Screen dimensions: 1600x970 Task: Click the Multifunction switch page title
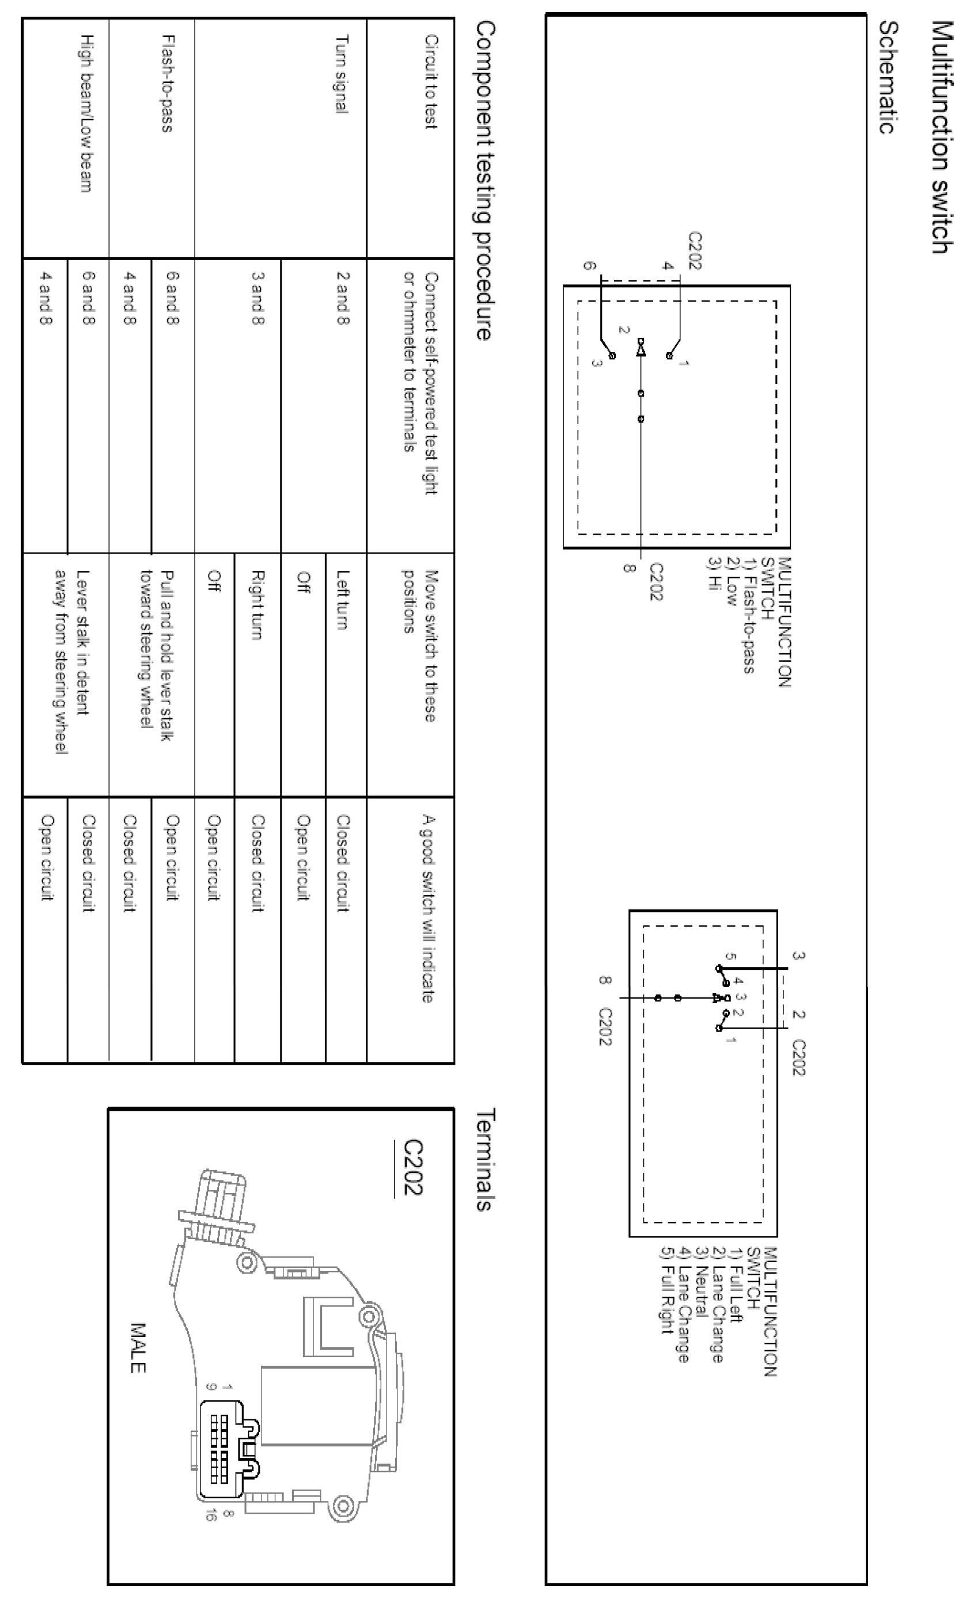click(x=941, y=137)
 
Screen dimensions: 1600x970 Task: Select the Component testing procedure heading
click(x=484, y=181)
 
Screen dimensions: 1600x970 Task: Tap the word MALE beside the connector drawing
click(x=138, y=1348)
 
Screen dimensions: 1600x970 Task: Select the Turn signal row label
click(x=342, y=74)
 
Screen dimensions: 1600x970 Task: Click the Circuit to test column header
click(x=431, y=82)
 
